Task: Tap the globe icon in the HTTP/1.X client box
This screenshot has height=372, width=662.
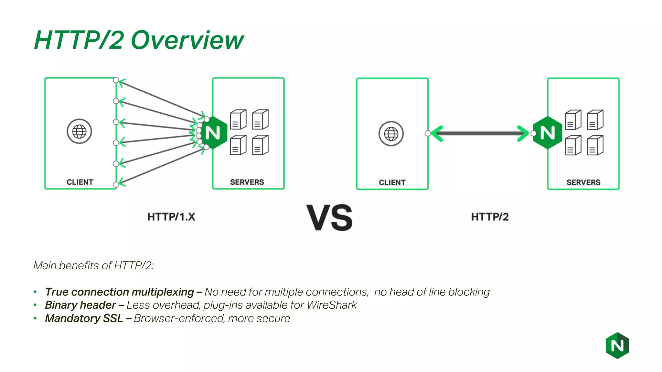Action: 79,131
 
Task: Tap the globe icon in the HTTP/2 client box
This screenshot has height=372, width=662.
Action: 391,134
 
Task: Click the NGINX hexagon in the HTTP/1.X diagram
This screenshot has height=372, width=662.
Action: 213,133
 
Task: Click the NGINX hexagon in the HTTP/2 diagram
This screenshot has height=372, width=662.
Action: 548,133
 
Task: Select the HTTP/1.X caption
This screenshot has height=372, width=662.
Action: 171,217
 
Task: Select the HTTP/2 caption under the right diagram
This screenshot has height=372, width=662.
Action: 490,217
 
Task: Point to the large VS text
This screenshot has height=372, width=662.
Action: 329,218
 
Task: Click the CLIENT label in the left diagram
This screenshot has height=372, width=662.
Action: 80,182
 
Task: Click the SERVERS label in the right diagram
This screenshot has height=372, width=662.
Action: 583,182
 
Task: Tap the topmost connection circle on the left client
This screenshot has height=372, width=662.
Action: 116,80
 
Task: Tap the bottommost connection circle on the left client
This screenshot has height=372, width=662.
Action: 116,185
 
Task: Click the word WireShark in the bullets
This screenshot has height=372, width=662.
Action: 332,305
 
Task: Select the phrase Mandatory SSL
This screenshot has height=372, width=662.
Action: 84,318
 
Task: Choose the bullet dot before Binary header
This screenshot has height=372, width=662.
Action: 35,305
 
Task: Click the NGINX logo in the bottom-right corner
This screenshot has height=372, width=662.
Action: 617,346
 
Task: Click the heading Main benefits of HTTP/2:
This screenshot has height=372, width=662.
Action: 93,265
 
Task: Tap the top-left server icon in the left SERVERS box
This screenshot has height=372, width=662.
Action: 238,119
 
